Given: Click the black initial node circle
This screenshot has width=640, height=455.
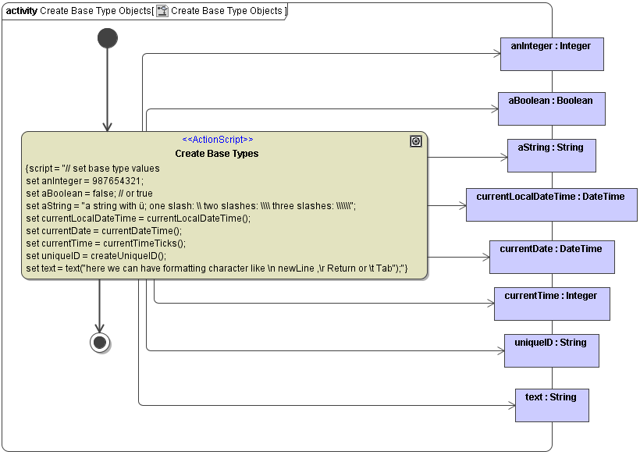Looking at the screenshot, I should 108,38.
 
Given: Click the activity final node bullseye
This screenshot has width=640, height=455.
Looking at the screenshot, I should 100,342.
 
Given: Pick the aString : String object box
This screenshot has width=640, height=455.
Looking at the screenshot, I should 551,155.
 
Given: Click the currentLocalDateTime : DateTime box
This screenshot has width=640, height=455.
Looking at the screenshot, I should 551,204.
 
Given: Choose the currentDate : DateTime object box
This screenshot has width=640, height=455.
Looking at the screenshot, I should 551,257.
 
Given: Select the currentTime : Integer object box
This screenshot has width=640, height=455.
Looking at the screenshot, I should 551,304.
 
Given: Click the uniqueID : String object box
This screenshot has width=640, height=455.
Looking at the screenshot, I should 551,350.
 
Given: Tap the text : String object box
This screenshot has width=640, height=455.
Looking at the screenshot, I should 551,405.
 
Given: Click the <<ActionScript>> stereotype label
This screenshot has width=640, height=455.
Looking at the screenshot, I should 217,140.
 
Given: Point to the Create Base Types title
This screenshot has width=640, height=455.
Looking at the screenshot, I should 217,154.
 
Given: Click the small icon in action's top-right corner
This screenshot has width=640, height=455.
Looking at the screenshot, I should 416,141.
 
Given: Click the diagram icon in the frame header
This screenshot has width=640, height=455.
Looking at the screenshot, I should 162,11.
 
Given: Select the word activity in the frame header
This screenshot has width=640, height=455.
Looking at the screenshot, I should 22,11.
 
